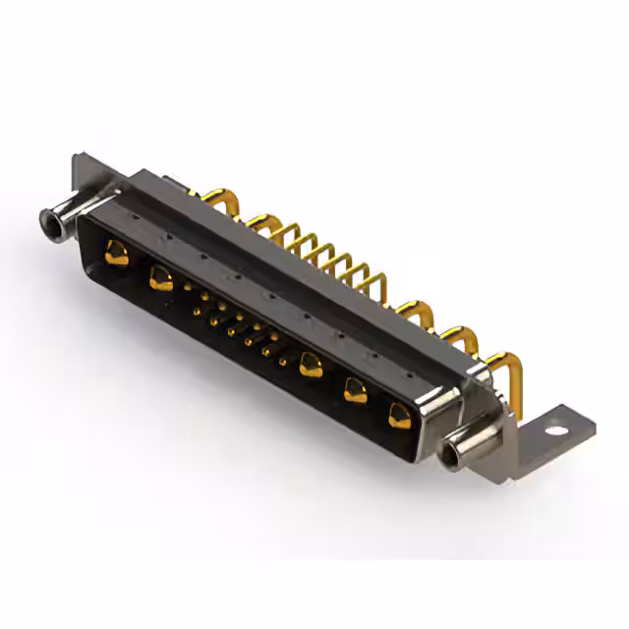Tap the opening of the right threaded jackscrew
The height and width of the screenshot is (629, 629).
(x=453, y=456)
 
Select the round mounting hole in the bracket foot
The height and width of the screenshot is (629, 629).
(x=559, y=429)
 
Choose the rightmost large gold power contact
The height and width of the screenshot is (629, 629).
(x=398, y=415)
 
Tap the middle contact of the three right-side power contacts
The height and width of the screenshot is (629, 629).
(x=355, y=391)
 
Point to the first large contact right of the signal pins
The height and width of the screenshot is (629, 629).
(x=311, y=365)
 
